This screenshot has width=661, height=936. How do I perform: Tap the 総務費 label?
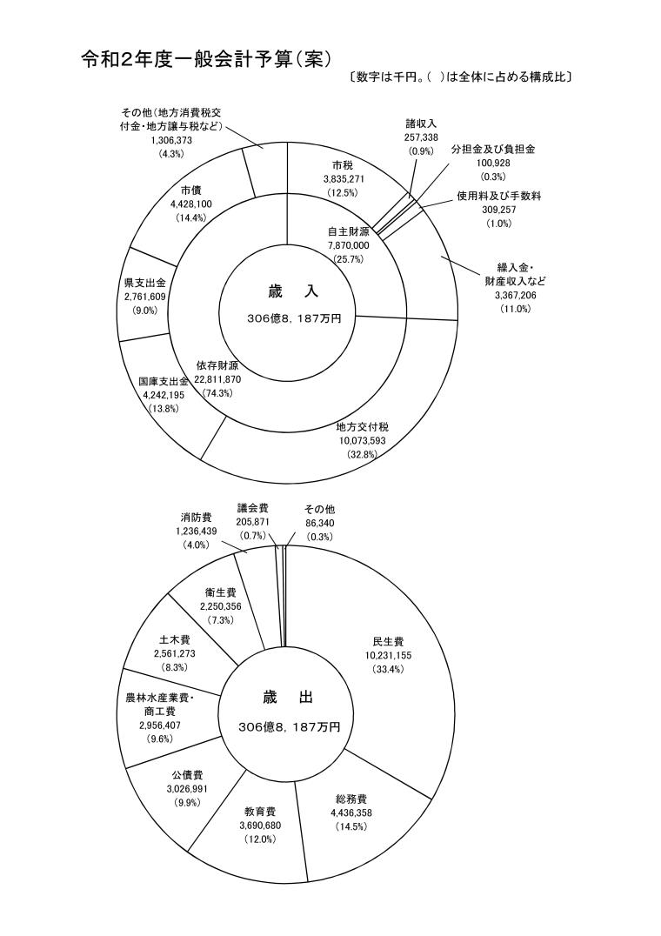tap(351, 799)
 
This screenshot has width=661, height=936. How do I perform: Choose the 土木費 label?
tap(164, 638)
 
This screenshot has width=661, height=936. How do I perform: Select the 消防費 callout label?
tap(196, 517)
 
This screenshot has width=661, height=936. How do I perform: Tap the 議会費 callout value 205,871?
tap(254, 521)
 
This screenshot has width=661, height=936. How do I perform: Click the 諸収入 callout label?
tap(421, 124)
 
